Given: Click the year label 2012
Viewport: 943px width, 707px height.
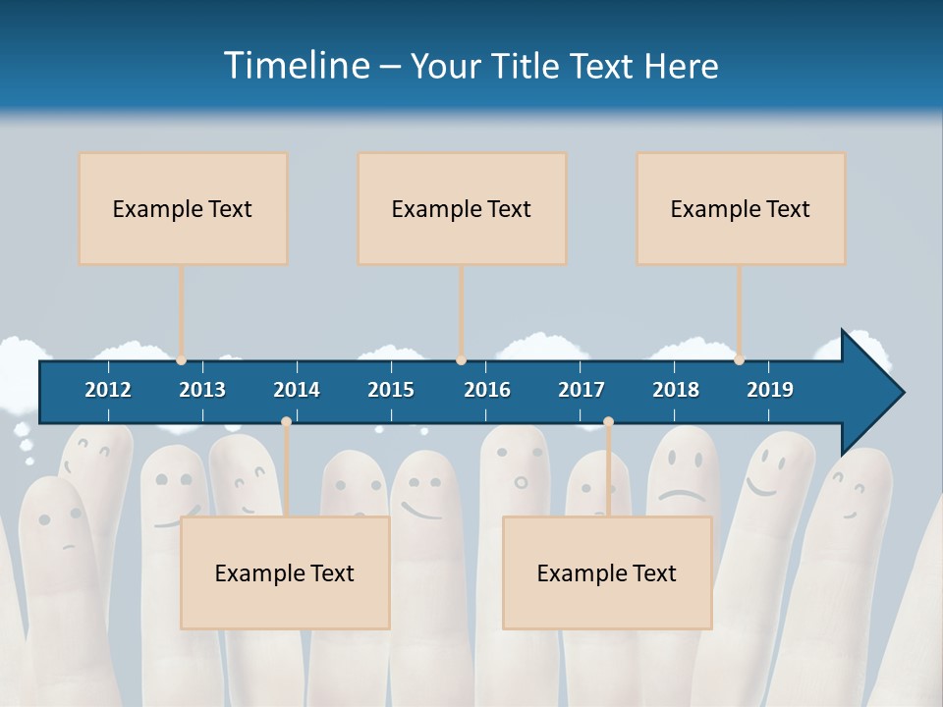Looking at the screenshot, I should (108, 390).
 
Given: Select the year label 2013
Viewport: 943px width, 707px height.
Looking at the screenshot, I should (202, 390).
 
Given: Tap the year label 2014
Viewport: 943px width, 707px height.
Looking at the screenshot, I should (297, 390).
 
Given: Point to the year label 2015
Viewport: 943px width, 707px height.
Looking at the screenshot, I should (391, 390).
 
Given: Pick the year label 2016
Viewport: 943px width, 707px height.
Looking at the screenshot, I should (487, 390).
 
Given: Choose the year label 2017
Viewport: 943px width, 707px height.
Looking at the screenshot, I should (582, 390).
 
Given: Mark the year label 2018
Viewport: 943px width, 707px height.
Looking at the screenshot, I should (676, 390).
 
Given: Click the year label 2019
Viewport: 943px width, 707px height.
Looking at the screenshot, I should (770, 390).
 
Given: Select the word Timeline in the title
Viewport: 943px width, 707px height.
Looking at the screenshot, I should (296, 66).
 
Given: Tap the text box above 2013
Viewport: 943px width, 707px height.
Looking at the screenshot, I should (183, 208).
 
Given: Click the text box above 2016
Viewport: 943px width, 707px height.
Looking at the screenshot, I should (462, 208).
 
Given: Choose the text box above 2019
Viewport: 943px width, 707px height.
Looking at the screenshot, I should (741, 208).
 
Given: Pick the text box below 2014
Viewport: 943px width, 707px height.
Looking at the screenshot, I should (285, 572).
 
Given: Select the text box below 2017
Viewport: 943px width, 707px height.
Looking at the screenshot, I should (607, 572).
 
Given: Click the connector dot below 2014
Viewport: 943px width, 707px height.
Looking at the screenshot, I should (286, 422).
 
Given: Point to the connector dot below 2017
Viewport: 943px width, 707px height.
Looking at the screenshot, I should (608, 422).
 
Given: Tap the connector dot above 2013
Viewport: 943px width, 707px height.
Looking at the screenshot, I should (181, 360).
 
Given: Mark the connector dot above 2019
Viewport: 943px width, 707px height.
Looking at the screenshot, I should (739, 360).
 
